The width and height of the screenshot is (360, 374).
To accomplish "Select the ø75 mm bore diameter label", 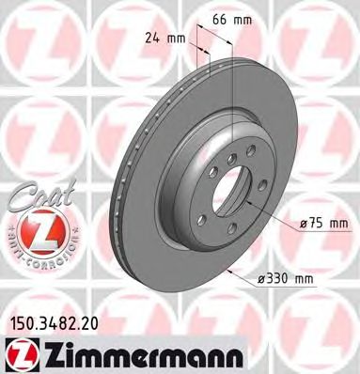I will coord(322,223).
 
